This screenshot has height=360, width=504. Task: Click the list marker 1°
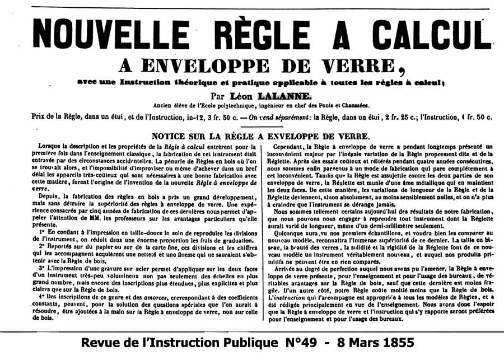[41, 231]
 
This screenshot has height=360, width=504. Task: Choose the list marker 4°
[41, 297]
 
